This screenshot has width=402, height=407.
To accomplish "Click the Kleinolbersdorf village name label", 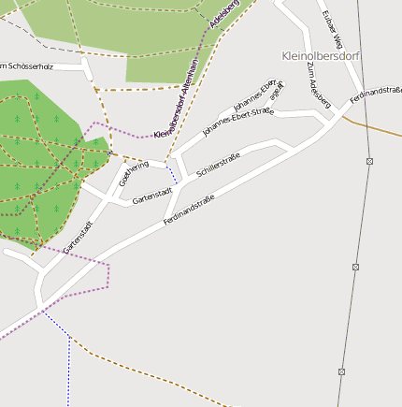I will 320,56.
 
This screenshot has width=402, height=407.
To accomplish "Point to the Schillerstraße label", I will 218,165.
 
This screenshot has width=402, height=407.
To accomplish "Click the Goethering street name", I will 134,172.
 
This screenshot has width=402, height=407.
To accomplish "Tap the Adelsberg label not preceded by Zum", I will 226,15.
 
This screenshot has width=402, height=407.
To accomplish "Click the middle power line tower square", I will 355,267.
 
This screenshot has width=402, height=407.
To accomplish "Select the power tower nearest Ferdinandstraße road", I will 369,161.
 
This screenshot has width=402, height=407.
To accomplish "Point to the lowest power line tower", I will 341,371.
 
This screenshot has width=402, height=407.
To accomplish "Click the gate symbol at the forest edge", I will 110,153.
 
